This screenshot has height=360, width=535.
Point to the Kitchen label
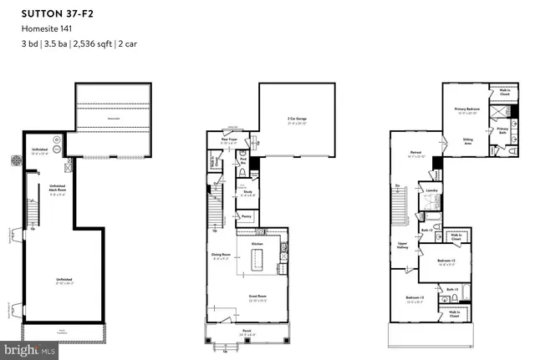click(x=257, y=244)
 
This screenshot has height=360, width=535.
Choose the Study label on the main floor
click(x=248, y=191)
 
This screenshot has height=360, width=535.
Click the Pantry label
click(x=247, y=216)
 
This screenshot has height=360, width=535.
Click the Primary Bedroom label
click(x=471, y=109)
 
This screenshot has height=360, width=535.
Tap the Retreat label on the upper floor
click(x=415, y=154)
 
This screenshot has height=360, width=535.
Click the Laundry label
click(x=432, y=190)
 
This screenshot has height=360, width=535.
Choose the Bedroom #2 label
click(x=447, y=261)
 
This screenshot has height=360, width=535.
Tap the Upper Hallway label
click(x=401, y=246)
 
